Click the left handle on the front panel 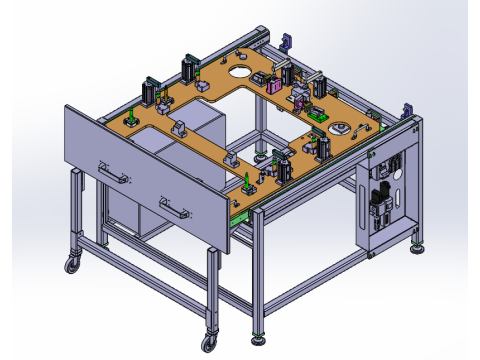pyautogui.click(x=113, y=175)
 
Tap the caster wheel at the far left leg pyautogui.click(x=72, y=266)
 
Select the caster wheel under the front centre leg pyautogui.click(x=210, y=341)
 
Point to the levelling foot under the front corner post pyautogui.click(x=261, y=338)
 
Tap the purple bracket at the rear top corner pyautogui.click(x=285, y=43)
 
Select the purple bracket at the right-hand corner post pyautogui.click(x=405, y=109)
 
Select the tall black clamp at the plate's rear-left pyautogui.click(x=187, y=70)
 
